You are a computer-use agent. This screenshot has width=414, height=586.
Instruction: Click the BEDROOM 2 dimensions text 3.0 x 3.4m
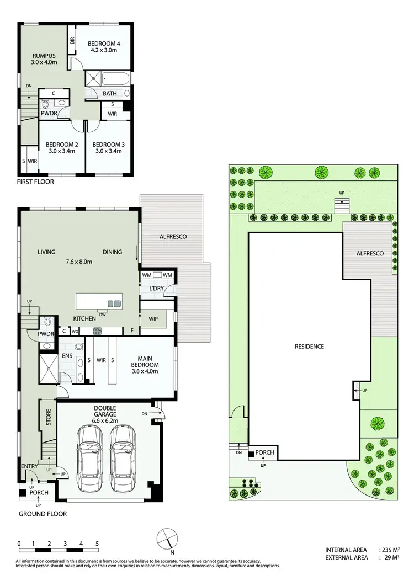61,151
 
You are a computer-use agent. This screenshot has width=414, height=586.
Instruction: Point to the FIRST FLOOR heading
35,182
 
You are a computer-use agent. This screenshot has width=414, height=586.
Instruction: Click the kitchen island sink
114,303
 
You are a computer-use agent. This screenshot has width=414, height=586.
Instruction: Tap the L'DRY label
150,289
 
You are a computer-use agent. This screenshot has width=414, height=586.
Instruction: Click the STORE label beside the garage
48,417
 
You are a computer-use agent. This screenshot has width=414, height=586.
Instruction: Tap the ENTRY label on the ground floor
29,467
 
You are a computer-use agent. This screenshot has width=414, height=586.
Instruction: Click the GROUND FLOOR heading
43,514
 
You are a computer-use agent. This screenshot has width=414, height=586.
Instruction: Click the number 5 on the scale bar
97,544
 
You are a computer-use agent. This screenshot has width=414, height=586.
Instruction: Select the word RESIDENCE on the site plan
309,347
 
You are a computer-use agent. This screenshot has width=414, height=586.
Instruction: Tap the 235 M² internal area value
389,550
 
